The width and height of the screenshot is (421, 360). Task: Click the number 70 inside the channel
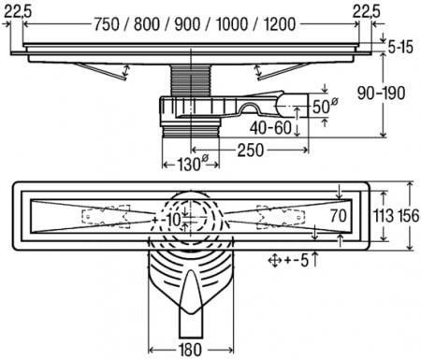(x=340, y=216)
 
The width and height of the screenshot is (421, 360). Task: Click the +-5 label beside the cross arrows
(x=301, y=259)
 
